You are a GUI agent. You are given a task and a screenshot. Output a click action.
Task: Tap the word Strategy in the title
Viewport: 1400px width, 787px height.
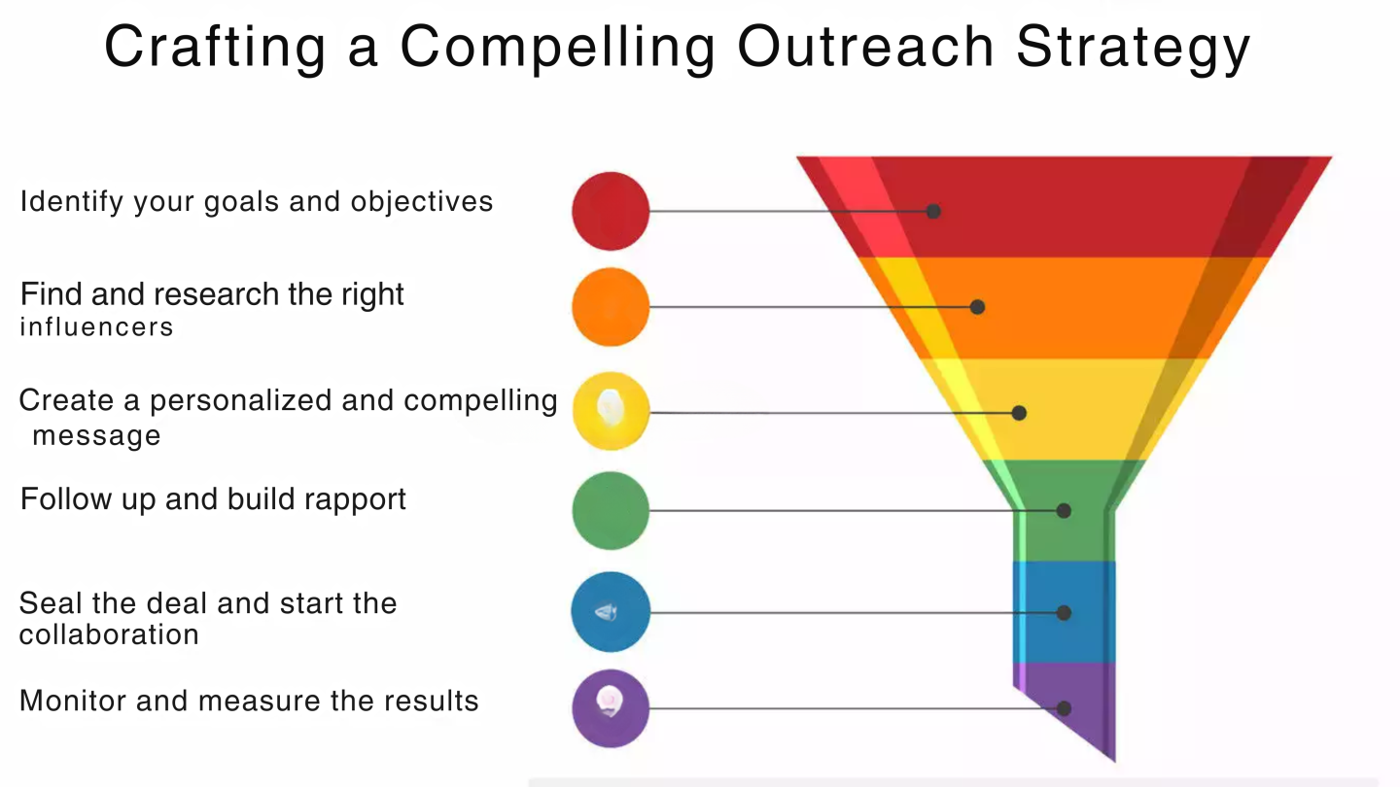click(x=1133, y=50)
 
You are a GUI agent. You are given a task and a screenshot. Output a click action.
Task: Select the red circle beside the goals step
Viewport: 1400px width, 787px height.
click(x=611, y=211)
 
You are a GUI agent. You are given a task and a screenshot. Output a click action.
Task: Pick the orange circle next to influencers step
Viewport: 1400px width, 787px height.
click(x=611, y=307)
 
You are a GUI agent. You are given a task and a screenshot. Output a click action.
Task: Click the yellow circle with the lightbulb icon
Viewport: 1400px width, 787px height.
click(x=611, y=411)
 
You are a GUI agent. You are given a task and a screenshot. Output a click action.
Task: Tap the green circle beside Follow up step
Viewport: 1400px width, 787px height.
click(x=611, y=510)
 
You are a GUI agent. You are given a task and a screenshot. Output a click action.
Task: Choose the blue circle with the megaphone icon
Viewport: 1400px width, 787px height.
click(x=611, y=612)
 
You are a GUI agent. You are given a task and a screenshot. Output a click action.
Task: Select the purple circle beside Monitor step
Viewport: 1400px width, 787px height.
click(x=611, y=708)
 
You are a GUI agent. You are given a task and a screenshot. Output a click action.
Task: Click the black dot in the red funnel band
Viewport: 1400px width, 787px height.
click(x=933, y=211)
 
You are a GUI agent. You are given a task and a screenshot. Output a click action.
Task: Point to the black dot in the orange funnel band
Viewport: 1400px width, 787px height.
click(x=977, y=307)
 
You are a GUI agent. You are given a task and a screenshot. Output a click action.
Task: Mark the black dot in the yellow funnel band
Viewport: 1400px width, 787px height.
click(x=1019, y=413)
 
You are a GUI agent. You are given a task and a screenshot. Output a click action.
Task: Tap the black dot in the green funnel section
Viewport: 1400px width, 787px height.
click(x=1064, y=511)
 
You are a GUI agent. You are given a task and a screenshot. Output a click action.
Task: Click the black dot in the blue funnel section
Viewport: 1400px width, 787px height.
click(x=1064, y=613)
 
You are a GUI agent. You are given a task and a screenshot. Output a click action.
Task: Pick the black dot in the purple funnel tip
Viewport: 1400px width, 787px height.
click(x=1064, y=708)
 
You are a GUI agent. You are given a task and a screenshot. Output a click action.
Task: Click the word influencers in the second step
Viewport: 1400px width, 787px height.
click(x=96, y=326)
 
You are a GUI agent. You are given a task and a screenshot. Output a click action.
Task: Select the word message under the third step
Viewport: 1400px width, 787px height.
click(x=96, y=435)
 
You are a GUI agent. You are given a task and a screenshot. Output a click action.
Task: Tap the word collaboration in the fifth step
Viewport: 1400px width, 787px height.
click(x=109, y=634)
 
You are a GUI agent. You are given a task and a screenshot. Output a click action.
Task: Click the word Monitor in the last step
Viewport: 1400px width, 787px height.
click(x=73, y=701)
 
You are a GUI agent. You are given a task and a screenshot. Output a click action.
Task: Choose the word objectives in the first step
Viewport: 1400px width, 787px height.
click(x=422, y=203)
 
